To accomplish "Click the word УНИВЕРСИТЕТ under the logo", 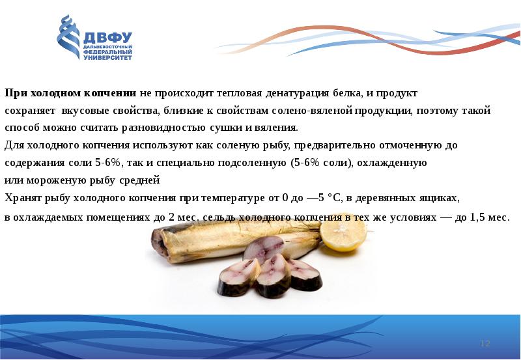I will pos(107,57).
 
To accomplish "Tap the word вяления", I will pos(277,127).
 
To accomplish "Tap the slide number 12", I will pos(484,343).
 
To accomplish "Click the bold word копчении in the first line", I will pos(113,93).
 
